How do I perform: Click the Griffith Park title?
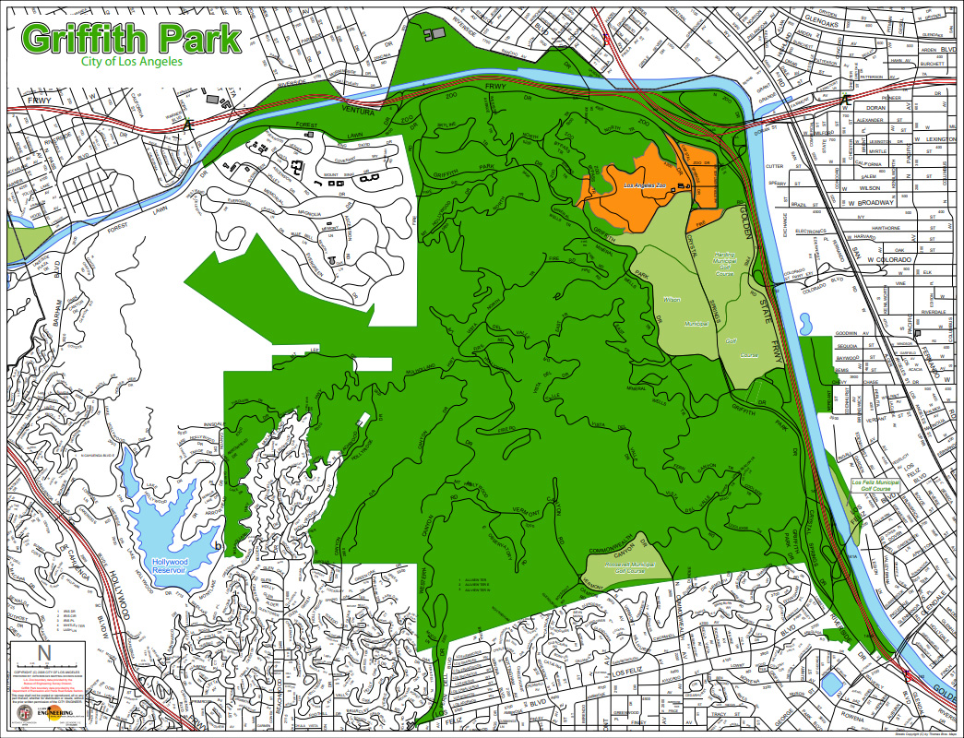pyautogui.click(x=131, y=38)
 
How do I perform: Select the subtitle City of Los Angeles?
pyautogui.click(x=131, y=62)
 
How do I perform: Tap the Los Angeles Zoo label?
pyautogui.click(x=645, y=186)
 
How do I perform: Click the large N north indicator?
pyautogui.click(x=43, y=653)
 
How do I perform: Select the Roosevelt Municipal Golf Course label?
pyautogui.click(x=628, y=566)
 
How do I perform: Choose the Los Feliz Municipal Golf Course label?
pyautogui.click(x=874, y=485)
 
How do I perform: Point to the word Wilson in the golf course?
pyautogui.click(x=672, y=300)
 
